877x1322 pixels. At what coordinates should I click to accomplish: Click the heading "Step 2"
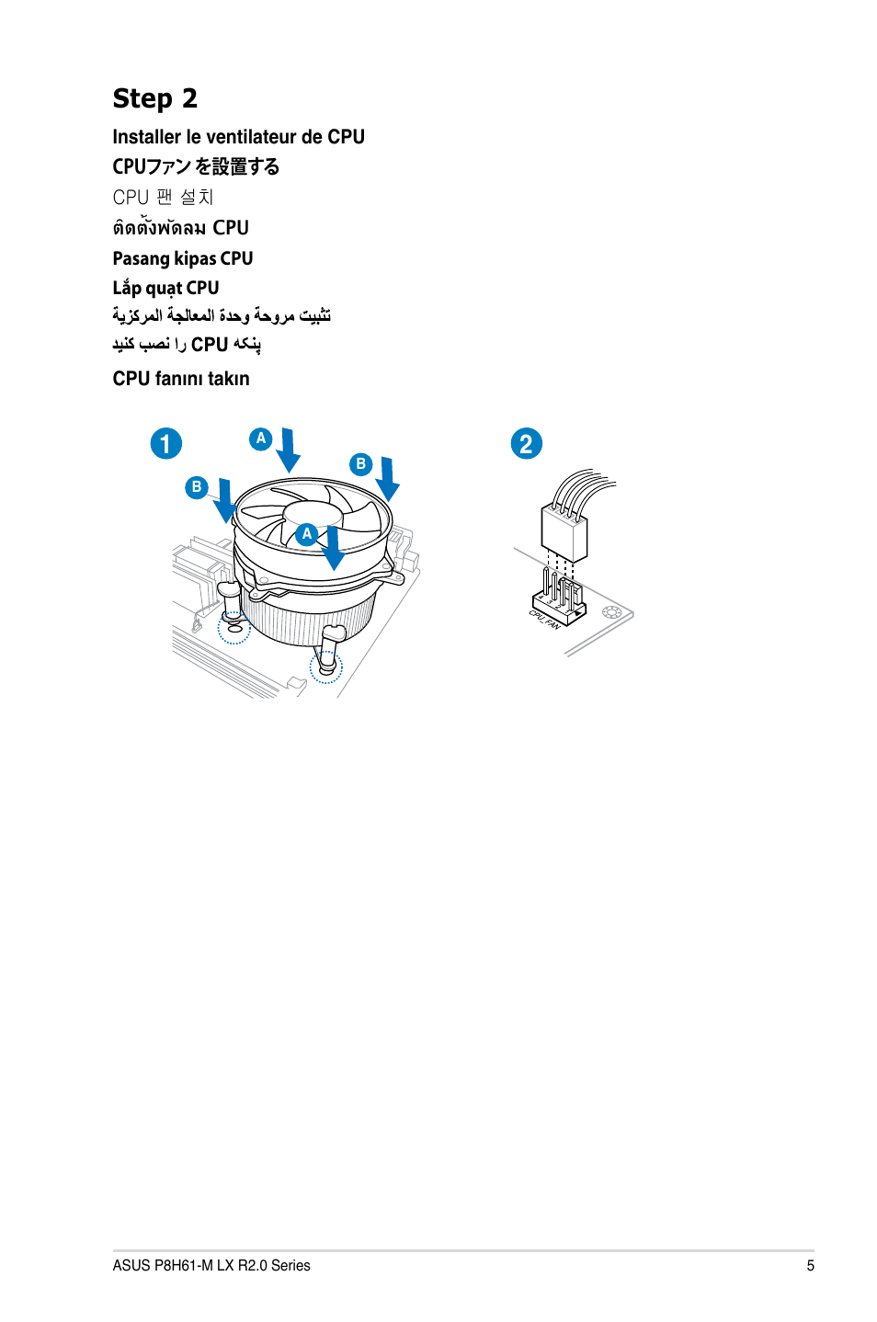click(154, 98)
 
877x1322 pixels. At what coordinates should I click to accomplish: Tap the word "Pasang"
click(141, 259)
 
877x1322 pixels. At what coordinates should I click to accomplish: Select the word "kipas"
click(195, 259)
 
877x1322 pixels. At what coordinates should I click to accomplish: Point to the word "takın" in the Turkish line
click(228, 379)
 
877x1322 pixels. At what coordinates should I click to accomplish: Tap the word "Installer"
click(146, 137)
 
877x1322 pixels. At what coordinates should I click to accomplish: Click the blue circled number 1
click(166, 444)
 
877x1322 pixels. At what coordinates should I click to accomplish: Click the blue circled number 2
click(527, 444)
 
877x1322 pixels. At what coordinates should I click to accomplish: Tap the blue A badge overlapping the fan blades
click(307, 534)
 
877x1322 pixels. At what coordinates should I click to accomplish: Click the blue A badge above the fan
click(261, 439)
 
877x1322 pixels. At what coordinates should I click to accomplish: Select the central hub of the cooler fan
click(313, 516)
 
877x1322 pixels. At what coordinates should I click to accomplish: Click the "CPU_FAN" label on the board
click(544, 619)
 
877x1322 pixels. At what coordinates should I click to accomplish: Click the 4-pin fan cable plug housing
click(564, 530)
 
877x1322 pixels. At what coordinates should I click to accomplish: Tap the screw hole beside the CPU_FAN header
click(612, 612)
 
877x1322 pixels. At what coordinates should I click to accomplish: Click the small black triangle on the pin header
click(541, 597)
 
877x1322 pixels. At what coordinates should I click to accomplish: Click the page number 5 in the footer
click(810, 1266)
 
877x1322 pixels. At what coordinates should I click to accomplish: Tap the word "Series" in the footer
click(290, 1266)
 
